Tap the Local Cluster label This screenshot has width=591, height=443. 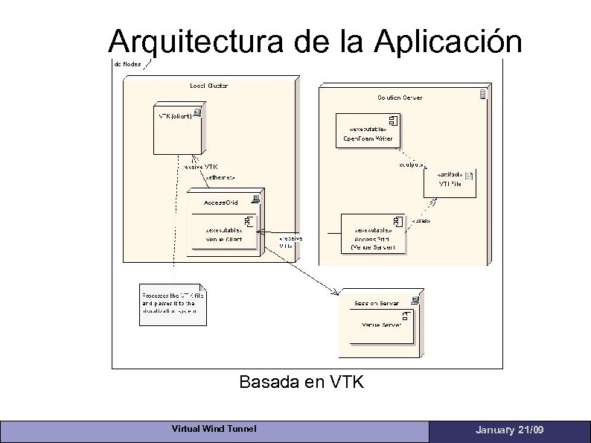pos(208,86)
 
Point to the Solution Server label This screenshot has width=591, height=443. pos(400,98)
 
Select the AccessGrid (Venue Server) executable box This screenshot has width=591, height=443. pos(373,235)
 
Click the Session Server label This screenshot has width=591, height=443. pos(377,303)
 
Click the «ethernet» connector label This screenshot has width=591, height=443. pos(220,178)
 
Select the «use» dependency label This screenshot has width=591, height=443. pos(421,221)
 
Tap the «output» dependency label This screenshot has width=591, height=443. pos(412,164)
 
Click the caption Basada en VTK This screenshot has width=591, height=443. pos(301,383)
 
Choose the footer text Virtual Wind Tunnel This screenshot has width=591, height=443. pos(214,429)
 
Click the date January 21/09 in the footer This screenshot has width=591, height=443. pos(509,430)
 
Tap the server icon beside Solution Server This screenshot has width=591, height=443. pos(482,94)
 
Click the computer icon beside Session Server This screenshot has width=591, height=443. pos(415,300)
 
